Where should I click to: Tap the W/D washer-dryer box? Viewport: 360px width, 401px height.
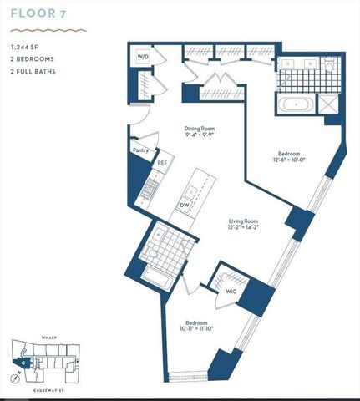click(x=143, y=57)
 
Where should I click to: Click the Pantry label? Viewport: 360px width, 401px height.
click(x=140, y=150)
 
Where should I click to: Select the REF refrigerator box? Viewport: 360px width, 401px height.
click(x=163, y=165)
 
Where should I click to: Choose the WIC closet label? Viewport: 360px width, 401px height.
click(x=231, y=292)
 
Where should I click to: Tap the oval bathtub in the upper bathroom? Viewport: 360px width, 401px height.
click(x=297, y=106)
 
